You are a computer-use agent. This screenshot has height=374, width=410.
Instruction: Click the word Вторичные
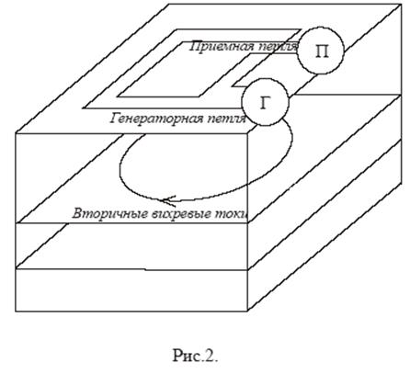click(110, 213)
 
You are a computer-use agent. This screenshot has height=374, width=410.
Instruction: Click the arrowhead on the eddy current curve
click(168, 200)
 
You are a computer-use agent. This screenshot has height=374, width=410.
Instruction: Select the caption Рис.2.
click(196, 356)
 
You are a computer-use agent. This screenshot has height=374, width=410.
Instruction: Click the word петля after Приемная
click(278, 47)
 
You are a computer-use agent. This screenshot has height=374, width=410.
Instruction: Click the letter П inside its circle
click(322, 51)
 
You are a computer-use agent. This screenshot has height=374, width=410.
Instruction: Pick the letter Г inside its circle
click(265, 103)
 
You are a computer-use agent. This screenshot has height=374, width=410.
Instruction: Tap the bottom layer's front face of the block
click(131, 290)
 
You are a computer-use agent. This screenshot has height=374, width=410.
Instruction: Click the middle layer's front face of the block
click(131, 246)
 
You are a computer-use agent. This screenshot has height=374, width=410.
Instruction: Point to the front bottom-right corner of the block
click(247, 312)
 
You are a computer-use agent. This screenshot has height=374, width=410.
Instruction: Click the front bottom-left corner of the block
click(16, 312)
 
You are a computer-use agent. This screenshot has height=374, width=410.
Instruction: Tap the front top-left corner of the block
click(16, 133)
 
